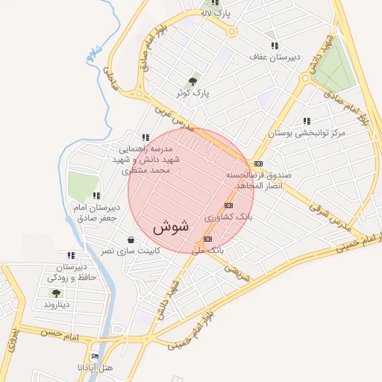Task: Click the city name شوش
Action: (171, 225)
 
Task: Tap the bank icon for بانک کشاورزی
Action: (228, 205)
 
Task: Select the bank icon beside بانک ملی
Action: (207, 239)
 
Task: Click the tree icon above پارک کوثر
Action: (193, 81)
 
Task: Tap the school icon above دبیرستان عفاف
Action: (275, 46)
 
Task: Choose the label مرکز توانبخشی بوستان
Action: (307, 133)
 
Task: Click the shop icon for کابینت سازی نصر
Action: (131, 239)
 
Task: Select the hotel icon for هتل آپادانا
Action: (94, 357)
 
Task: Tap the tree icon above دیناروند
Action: (56, 293)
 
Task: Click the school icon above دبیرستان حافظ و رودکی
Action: (70, 255)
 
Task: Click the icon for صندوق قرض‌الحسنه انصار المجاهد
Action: (258, 163)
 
